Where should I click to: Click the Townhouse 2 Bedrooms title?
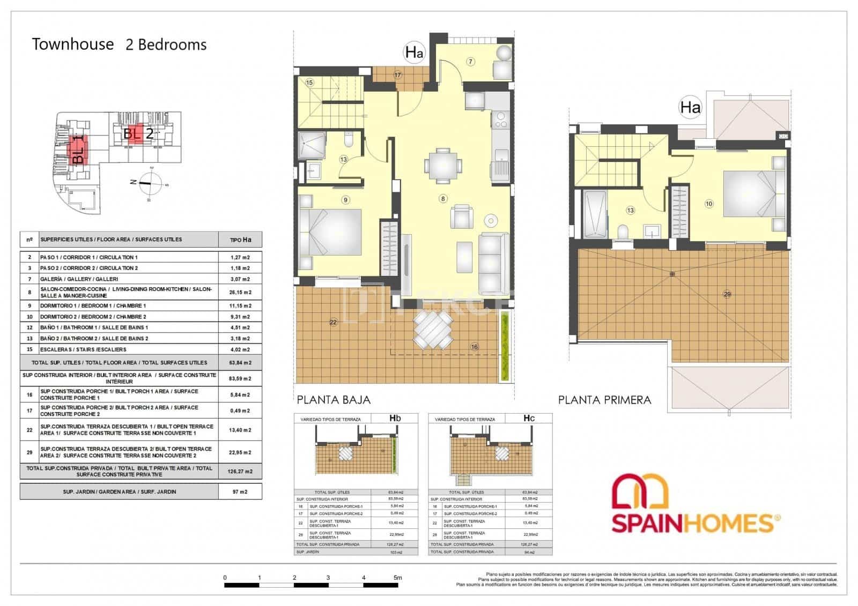pos(119,44)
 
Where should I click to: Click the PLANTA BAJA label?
pos(333,400)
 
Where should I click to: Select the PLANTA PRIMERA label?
pos(604,400)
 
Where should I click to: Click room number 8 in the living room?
pos(442,199)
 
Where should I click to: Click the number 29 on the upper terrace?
pos(727,294)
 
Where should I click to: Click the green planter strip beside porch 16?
pos(504,346)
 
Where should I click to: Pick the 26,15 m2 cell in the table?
pos(240,293)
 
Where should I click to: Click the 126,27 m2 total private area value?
pos(240,472)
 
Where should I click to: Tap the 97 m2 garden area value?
pos(240,491)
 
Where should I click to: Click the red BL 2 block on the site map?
pos(138,134)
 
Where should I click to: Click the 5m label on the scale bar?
pos(397,578)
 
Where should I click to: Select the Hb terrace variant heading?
pos(395,418)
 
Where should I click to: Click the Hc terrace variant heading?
pos(529,418)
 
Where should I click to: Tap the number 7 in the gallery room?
pos(470,62)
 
